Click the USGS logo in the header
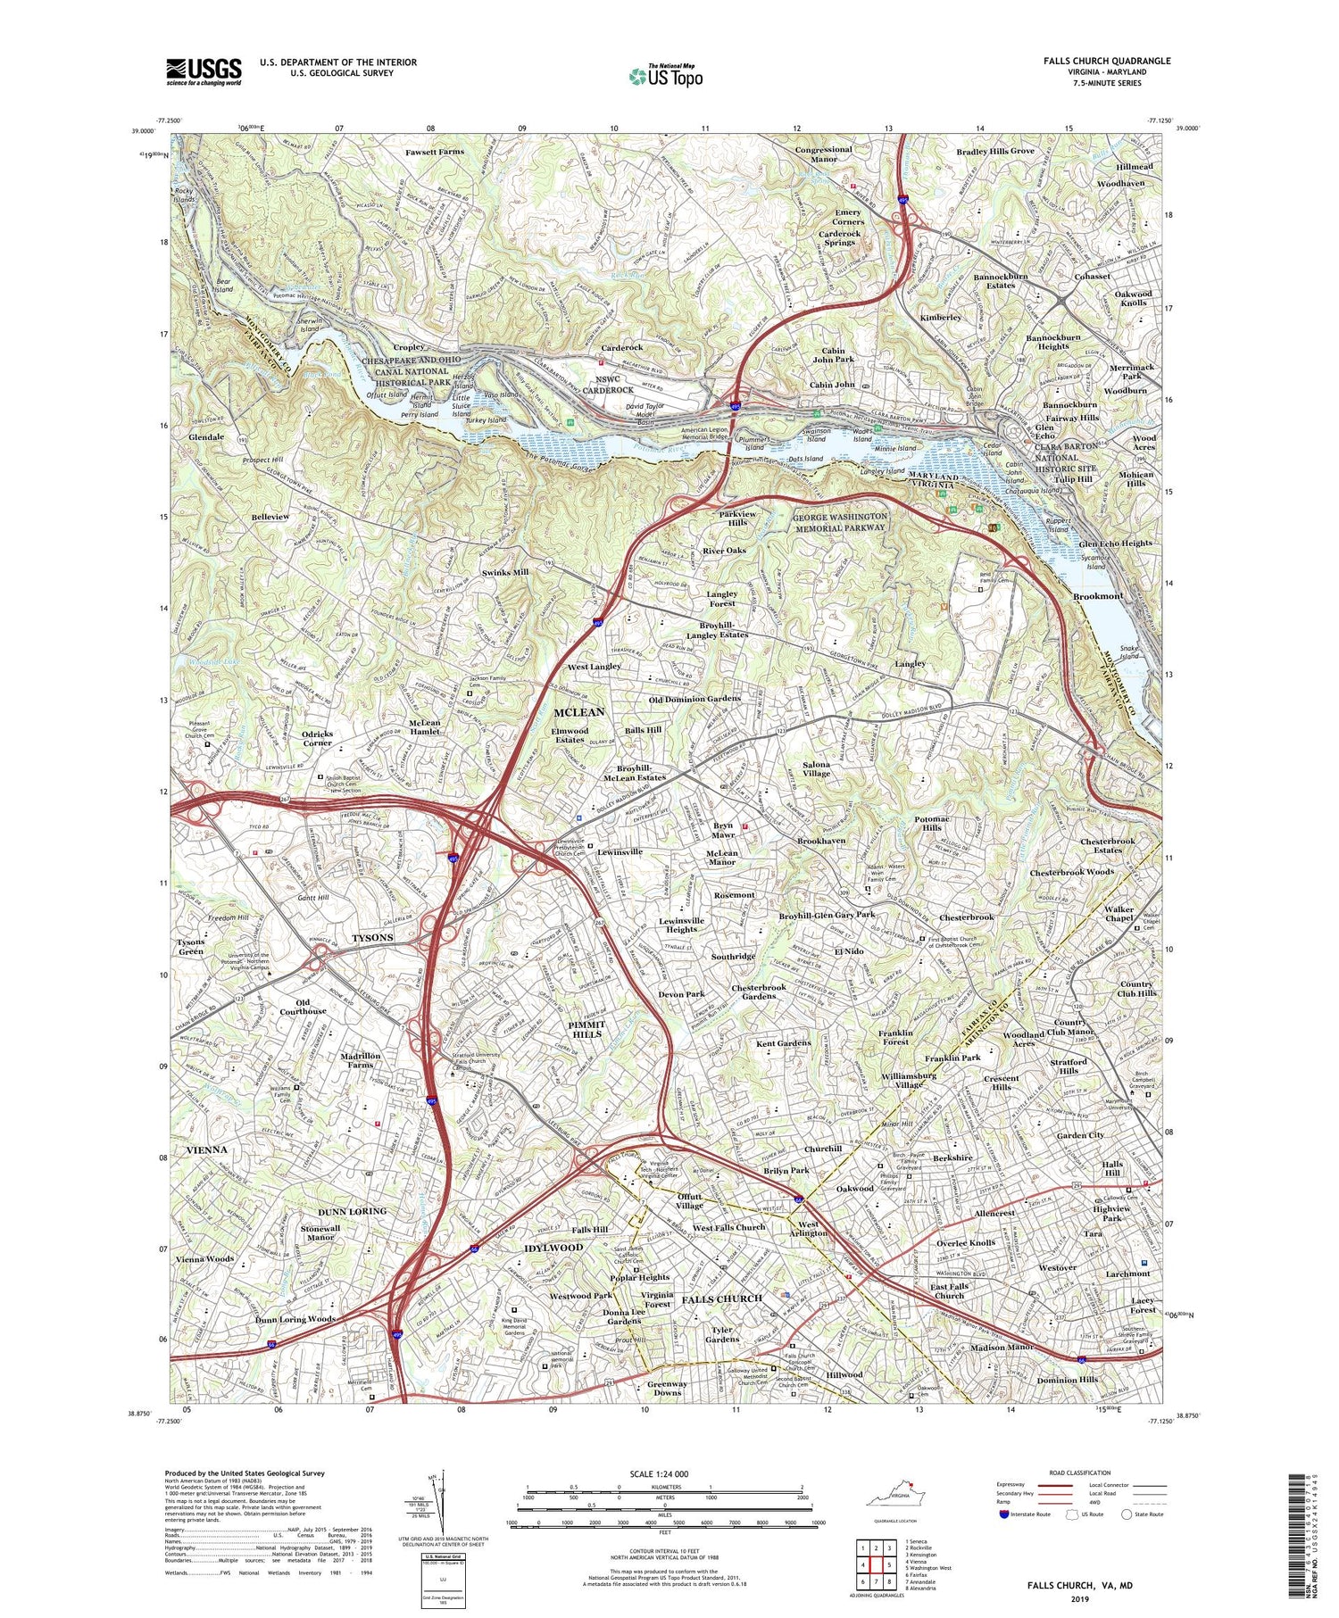(x=204, y=71)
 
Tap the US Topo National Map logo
(x=664, y=76)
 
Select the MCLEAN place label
(x=579, y=712)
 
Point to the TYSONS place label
(x=372, y=938)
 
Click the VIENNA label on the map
(x=202, y=1149)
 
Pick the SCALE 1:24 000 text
(x=664, y=1473)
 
